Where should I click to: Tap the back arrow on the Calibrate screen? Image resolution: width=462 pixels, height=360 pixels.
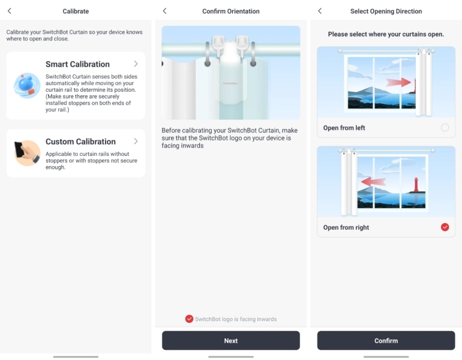[x=10, y=11]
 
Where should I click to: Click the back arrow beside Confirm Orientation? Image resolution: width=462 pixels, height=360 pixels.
[x=165, y=11]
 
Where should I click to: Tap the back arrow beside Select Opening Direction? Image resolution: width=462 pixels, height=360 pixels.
[x=320, y=11]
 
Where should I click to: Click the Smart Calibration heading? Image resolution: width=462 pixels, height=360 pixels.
[x=77, y=64]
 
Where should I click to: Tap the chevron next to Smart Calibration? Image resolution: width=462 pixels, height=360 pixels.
[x=136, y=64]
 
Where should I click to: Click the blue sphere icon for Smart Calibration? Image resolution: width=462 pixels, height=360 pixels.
[x=27, y=85]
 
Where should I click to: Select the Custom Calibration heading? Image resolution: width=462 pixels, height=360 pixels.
[x=80, y=142]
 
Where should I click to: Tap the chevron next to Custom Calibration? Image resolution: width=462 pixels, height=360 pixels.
[x=136, y=141]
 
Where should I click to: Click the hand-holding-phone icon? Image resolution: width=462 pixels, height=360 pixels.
[x=27, y=153]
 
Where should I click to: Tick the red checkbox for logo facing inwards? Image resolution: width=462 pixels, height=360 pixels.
[x=189, y=319]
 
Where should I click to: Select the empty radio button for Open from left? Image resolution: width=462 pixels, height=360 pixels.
[x=445, y=128]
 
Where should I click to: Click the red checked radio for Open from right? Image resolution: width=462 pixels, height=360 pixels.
[x=445, y=227]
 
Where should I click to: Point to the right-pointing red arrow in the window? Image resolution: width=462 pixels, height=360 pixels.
[x=398, y=82]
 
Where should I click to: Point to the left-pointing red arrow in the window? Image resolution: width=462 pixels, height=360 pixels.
[x=373, y=181]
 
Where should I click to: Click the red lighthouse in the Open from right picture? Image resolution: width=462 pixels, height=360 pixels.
[x=416, y=185]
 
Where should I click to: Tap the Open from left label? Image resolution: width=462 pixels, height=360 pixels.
[x=344, y=128]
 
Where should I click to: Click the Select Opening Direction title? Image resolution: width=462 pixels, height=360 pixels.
[x=386, y=11]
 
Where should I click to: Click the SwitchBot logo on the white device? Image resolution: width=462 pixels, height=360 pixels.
[x=230, y=83]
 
